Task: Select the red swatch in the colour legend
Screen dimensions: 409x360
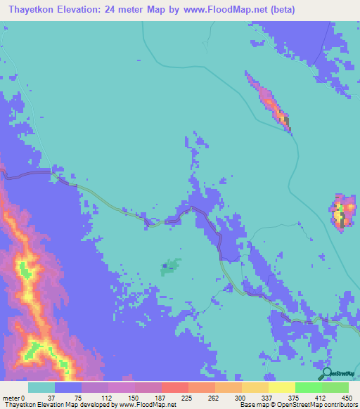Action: pos(174,387)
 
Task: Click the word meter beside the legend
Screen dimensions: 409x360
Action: pos(11,397)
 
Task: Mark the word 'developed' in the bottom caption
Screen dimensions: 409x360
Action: pos(100,405)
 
